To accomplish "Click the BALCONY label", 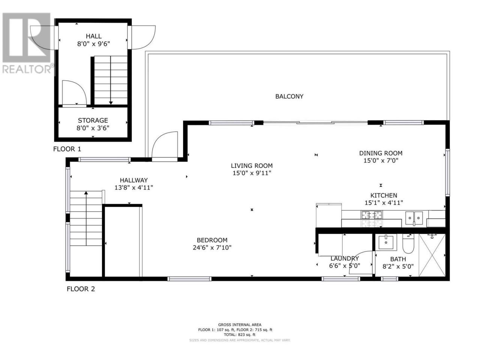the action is [x=289, y=96].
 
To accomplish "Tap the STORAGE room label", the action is [x=93, y=120].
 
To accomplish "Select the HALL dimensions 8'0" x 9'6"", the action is [x=93, y=44].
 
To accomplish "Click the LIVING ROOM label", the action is [x=252, y=166].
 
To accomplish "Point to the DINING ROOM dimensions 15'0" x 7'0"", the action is [x=381, y=160].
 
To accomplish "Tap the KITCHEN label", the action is [x=384, y=195].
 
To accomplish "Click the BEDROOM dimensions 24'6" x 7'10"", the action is [x=212, y=247].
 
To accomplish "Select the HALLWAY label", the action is [x=133, y=180].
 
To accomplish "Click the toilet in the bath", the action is [x=408, y=244].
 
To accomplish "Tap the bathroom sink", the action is [x=387, y=242].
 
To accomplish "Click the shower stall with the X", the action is [x=432, y=255].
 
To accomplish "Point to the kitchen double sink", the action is [x=414, y=218].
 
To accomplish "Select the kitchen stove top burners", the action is [x=372, y=215].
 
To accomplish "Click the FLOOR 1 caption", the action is [x=67, y=149].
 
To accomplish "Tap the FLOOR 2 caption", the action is [x=81, y=289].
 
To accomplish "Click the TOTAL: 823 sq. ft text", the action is [x=240, y=341].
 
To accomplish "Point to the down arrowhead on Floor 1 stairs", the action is [x=111, y=103].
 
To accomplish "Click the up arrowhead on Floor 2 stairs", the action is [x=86, y=193].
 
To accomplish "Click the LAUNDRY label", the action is [x=345, y=259].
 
